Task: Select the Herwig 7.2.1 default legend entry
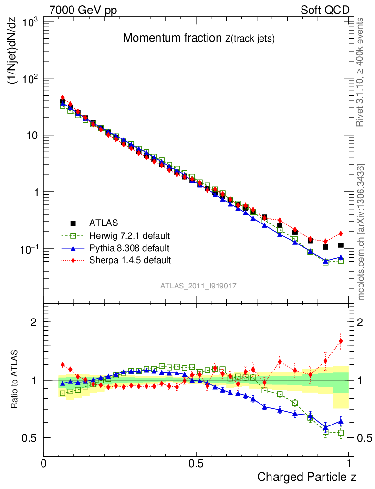[129, 235]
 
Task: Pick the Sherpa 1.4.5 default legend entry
[130, 260]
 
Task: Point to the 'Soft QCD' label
[325, 10]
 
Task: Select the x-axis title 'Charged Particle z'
[307, 477]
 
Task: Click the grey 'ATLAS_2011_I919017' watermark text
[198, 286]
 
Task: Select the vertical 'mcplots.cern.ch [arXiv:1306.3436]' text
[362, 233]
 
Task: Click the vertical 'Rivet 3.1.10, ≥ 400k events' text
[361, 73]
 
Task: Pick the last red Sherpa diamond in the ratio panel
[341, 341]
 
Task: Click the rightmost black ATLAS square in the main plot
[341, 245]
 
